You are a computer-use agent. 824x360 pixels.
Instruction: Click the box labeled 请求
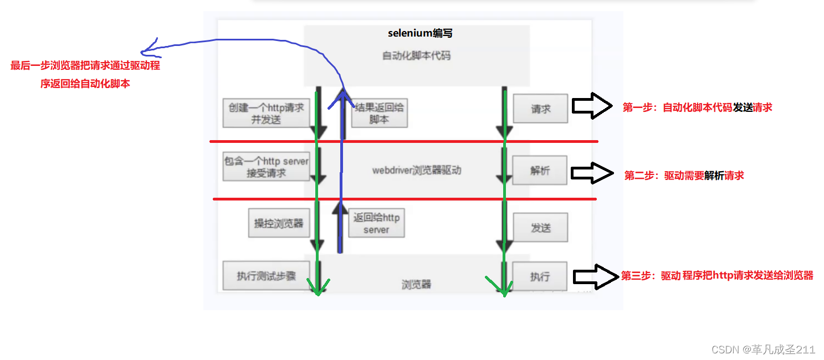coord(540,109)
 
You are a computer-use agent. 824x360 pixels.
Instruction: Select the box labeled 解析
coord(540,171)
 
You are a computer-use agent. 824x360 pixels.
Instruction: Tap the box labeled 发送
coord(540,228)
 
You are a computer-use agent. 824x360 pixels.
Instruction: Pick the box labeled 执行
coord(539,276)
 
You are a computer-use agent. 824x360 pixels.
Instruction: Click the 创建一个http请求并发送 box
coord(267,114)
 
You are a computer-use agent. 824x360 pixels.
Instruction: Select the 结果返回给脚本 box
coord(380,113)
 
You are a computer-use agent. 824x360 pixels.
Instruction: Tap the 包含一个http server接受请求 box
coord(266,167)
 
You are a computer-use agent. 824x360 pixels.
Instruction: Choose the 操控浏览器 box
coord(278,224)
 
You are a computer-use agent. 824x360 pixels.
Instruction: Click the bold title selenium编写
coord(420,33)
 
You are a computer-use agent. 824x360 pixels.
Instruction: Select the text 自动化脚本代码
coord(416,56)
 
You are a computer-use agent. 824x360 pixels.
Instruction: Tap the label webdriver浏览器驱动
coord(416,171)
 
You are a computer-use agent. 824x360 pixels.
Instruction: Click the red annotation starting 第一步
coord(697,107)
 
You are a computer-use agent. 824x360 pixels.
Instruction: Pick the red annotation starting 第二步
coord(684,176)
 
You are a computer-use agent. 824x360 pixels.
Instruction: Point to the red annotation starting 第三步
coord(717,275)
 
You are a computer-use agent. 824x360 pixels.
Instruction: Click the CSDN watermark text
coord(763,349)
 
